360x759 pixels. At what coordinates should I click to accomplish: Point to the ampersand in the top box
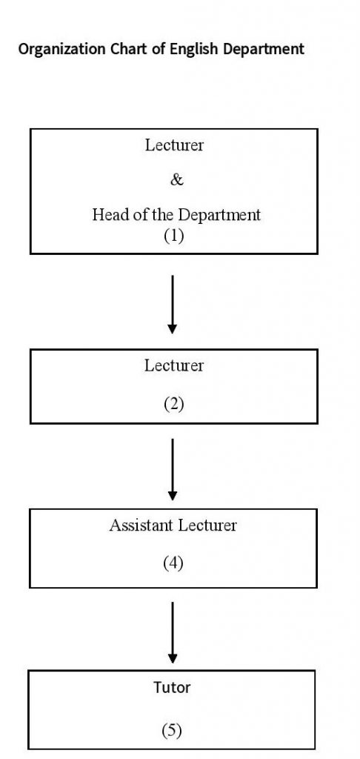tap(177, 180)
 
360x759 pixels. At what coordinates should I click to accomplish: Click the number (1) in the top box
tap(174, 236)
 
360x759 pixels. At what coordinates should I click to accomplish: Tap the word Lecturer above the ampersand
tap(174, 145)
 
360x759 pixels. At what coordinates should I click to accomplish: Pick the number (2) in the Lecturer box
tap(174, 404)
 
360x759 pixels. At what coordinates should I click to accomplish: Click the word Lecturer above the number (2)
tap(174, 365)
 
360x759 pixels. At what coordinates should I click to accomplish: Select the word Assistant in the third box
tap(140, 526)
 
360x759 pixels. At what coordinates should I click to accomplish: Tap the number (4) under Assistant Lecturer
tap(173, 563)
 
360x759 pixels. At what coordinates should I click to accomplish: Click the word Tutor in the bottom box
tap(172, 687)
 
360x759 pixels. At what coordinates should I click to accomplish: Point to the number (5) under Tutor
tap(172, 730)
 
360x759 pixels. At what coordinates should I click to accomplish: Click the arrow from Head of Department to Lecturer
tap(173, 305)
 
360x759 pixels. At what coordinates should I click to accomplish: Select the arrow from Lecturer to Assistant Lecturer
tap(173, 469)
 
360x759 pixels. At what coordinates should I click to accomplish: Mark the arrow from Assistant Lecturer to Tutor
tap(173, 633)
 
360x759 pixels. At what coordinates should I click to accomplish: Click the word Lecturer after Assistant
tap(207, 526)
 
